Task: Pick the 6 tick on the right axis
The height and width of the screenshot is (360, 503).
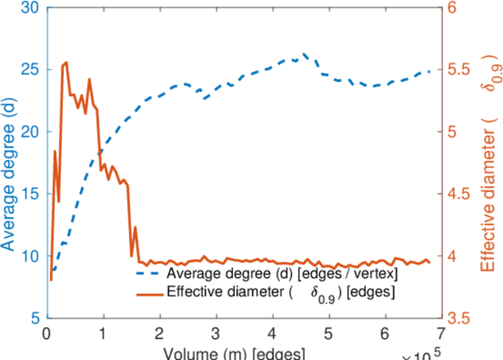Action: pyautogui.click(x=454, y=8)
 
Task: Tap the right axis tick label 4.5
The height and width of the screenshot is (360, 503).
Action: pyautogui.click(x=462, y=194)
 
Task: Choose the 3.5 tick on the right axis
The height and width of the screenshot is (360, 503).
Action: pyautogui.click(x=462, y=318)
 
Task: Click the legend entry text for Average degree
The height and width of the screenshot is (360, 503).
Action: pyautogui.click(x=282, y=274)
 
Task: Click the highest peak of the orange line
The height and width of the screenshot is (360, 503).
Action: pyautogui.click(x=65, y=62)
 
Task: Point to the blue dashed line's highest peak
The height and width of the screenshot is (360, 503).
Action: pyautogui.click(x=305, y=53)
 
